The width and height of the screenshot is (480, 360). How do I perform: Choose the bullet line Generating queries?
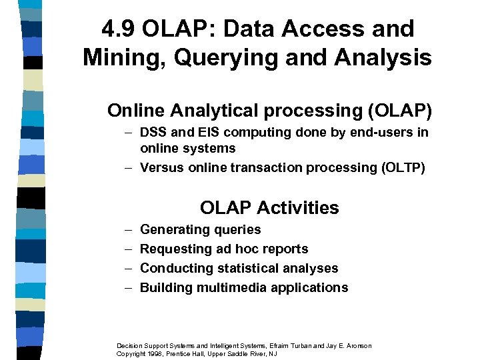(x=201, y=229)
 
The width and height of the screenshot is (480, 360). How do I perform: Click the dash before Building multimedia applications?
(x=127, y=287)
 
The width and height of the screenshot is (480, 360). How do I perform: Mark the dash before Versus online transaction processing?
(x=127, y=167)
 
